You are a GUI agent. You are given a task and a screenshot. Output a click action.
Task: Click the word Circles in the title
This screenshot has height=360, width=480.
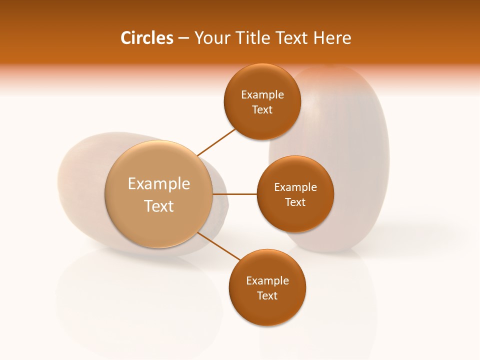[146, 38]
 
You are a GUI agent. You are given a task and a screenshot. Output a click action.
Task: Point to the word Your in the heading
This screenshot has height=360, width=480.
[211, 38]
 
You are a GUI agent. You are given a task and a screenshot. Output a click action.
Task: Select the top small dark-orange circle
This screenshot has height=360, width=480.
[262, 80]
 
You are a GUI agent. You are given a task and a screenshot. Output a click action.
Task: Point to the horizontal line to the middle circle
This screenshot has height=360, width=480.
[235, 194]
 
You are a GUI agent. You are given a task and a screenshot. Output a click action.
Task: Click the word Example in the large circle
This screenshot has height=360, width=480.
[158, 184]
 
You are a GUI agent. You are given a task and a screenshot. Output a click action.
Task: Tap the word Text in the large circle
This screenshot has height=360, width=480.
[158, 206]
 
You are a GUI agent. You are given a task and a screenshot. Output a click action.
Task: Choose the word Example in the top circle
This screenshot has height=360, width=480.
[262, 95]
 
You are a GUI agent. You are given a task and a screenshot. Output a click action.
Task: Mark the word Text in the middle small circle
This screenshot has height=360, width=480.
[295, 202]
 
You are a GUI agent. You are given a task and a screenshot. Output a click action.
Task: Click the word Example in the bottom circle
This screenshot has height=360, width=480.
[267, 281]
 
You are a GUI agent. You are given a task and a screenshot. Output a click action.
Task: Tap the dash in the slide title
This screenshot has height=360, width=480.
[183, 38]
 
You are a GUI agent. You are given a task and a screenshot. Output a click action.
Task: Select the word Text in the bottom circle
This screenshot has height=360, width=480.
[267, 296]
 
